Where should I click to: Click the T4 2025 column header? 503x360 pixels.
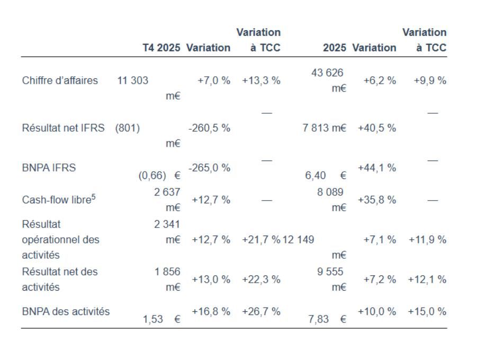click(x=161, y=48)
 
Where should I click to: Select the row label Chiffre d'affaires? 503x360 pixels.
click(x=60, y=80)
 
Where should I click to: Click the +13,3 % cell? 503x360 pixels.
click(x=261, y=80)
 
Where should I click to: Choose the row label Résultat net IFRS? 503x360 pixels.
click(x=63, y=128)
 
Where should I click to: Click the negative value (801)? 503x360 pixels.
click(x=128, y=128)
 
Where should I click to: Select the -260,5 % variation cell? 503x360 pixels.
click(x=209, y=128)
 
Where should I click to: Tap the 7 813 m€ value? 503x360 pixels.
click(x=325, y=128)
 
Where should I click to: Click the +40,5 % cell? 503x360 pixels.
click(x=377, y=128)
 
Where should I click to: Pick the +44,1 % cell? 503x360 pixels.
click(x=377, y=168)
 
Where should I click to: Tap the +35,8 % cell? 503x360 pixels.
click(x=377, y=200)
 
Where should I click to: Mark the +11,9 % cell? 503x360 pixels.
click(x=427, y=239)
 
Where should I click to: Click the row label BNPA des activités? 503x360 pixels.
click(x=66, y=311)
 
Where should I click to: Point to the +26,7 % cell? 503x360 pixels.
click(x=261, y=311)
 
